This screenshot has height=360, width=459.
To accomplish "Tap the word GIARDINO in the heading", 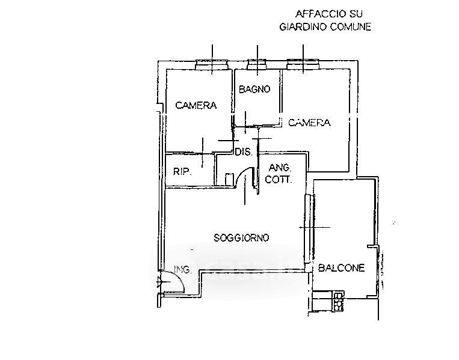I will tap(303, 27).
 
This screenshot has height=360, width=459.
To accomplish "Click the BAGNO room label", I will tap(254, 90).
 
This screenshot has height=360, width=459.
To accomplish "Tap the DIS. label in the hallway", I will tap(244, 152).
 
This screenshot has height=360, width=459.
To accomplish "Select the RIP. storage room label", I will tap(182, 172).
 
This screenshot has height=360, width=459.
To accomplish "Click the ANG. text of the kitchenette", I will tap(280, 168).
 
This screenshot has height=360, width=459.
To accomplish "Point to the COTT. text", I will tap(280, 179).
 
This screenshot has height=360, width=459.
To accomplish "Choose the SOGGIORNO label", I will tap(242, 237).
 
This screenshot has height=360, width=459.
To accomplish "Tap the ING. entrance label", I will tap(182, 270).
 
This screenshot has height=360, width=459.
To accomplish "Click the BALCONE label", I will tap(342, 269).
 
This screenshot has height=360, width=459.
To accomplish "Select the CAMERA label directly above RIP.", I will tap(196, 106).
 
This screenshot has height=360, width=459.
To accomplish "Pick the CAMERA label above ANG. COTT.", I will tap(309, 123).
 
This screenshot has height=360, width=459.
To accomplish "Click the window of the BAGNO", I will tap(257, 62).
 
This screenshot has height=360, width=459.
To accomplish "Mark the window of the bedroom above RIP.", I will tap(212, 62).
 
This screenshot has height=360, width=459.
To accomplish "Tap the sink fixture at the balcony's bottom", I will tap(339, 301).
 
